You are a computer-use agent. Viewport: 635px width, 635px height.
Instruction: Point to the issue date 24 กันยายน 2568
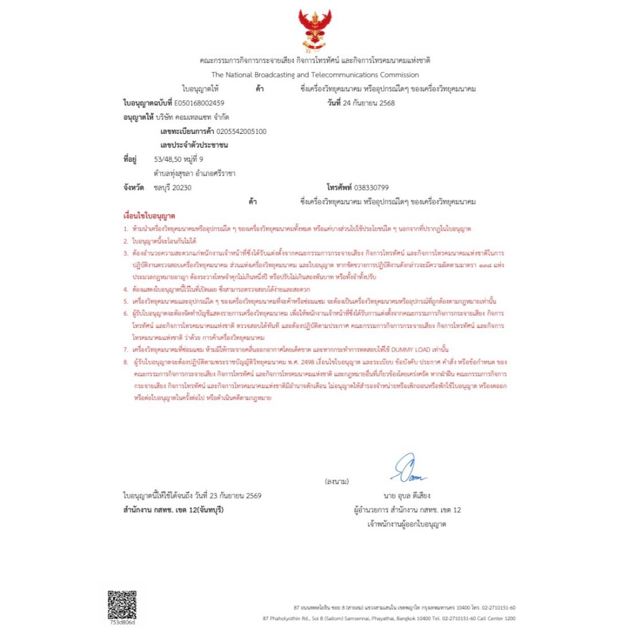[369, 103]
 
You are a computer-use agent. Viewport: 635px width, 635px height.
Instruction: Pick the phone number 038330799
[375, 187]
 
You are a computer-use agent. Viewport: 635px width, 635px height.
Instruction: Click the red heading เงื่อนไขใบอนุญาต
[149, 216]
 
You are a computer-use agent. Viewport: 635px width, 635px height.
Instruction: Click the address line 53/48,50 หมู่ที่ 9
[179, 159]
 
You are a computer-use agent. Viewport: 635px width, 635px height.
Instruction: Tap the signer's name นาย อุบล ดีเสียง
[407, 496]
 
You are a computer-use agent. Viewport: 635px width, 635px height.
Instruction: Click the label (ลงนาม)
[337, 481]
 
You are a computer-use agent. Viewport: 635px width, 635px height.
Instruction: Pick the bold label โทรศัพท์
[339, 187]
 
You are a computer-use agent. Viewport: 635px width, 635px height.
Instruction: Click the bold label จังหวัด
[134, 187]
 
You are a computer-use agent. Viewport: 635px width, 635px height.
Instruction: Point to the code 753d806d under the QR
[122, 622]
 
